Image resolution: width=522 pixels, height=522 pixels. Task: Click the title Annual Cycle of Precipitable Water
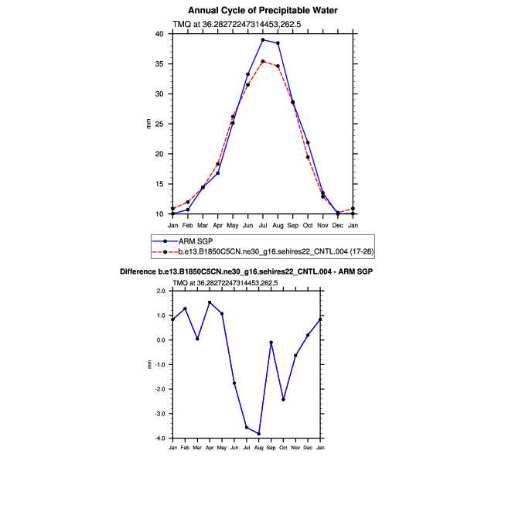[263, 10]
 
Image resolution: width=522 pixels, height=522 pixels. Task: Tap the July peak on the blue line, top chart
[263, 39]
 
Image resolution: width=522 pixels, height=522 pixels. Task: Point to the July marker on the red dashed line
[263, 61]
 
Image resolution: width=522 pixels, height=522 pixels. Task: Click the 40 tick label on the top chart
[159, 34]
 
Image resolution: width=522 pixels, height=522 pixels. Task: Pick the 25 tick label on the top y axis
[159, 124]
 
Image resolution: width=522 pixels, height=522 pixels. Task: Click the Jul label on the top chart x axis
[263, 224]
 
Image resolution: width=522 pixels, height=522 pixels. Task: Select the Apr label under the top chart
[217, 224]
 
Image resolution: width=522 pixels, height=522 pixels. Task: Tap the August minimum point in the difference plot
[259, 434]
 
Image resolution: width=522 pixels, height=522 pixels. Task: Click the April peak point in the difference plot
[210, 302]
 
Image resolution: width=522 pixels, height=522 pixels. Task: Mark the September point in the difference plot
[271, 342]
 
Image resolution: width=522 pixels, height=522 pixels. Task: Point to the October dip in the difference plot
[284, 400]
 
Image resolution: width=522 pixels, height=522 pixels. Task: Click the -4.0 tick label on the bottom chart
[160, 438]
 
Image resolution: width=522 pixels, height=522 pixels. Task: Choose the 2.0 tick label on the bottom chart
[161, 291]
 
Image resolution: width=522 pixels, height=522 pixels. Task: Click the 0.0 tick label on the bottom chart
[161, 340]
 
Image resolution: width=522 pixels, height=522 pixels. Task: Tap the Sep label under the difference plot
[271, 449]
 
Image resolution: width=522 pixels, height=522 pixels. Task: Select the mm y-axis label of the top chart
[148, 124]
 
